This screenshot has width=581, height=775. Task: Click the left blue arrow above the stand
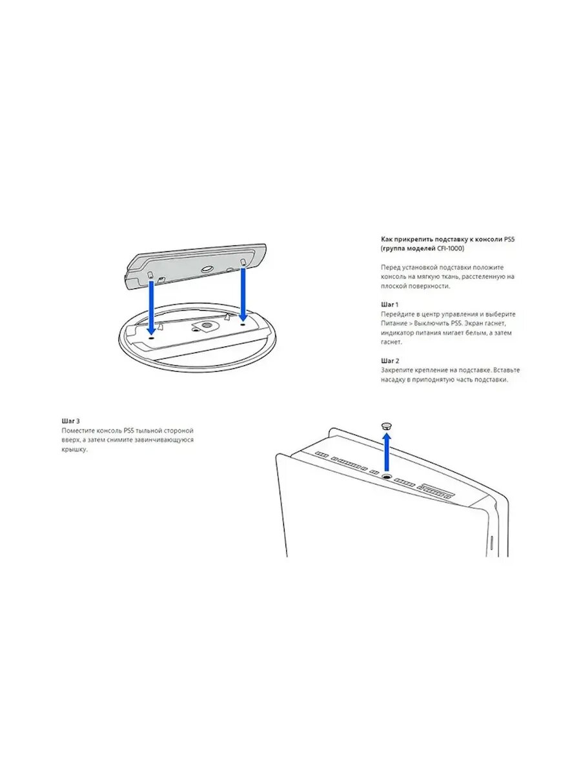pos(151,307)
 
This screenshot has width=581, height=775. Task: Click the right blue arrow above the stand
pos(243,294)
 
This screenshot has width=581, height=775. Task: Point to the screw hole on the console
pos(387,476)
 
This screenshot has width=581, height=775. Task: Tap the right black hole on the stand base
pos(242,324)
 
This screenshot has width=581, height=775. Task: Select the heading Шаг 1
pos(389,304)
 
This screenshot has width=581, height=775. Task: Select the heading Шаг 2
pos(390,360)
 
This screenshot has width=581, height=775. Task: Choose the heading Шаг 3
pos(70,421)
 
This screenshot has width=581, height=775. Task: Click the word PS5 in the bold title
pos(509,240)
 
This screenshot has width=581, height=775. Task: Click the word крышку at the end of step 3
pos(74,449)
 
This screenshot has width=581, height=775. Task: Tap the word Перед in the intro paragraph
pos(390,267)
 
